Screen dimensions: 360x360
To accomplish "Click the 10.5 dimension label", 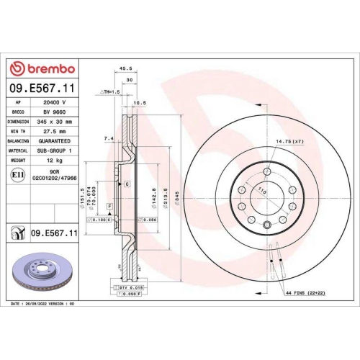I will coord(140,102).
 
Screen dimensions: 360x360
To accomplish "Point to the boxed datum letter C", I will coord(127,185).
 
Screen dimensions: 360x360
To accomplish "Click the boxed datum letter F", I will coord(109,207).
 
